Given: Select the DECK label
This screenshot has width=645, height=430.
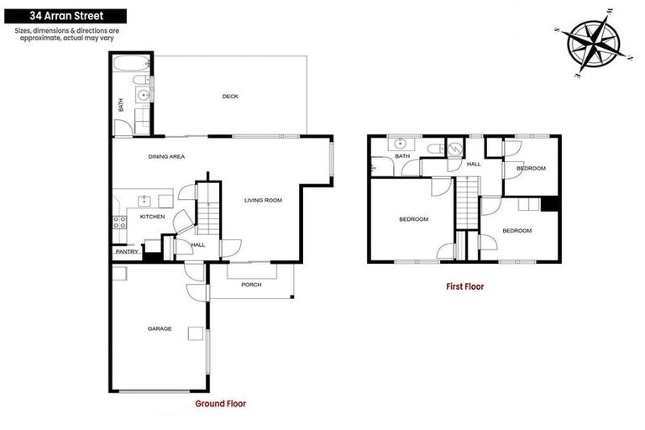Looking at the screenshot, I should click(x=230, y=97).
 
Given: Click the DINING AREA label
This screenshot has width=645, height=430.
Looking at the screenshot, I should click(x=166, y=156).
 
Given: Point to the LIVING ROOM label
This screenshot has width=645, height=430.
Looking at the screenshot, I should click(x=263, y=200).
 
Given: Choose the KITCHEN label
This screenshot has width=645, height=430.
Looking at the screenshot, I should click(x=152, y=217).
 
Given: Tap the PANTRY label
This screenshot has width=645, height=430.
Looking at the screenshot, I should click(x=127, y=251).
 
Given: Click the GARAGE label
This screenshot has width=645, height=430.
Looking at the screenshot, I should click(x=160, y=328).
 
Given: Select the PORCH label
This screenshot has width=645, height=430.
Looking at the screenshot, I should click(x=251, y=285).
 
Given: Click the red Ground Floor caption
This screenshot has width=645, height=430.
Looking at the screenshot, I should click(x=220, y=404).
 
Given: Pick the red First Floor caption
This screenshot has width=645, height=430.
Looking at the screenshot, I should click(x=464, y=286).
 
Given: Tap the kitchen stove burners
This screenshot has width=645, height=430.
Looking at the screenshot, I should click(x=119, y=223).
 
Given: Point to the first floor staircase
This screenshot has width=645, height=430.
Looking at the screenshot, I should click(x=466, y=202).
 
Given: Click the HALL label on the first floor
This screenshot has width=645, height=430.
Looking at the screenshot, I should click(x=474, y=165).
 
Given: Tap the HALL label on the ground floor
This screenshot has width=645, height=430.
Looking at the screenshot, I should click(x=198, y=244).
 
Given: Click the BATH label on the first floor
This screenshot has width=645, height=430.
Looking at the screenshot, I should click(x=403, y=156).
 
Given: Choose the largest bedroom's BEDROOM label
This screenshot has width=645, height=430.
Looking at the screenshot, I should click(x=413, y=219).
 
